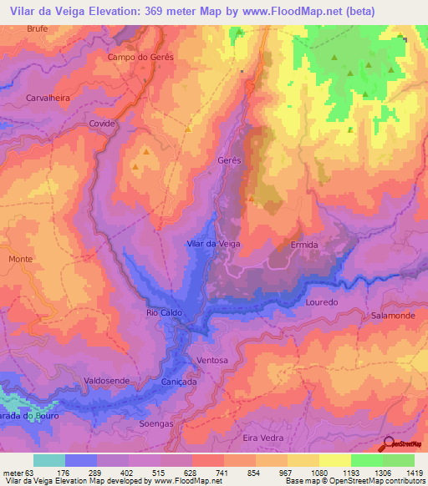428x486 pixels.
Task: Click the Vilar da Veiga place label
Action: pos(213,243)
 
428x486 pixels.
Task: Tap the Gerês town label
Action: pos(228,159)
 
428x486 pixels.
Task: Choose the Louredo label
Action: pos(322,301)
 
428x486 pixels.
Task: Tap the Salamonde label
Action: pos(390,316)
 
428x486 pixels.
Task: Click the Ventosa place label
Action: pos(211,360)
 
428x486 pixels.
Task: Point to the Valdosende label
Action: pos(107,380)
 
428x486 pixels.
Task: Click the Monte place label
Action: pos(20,260)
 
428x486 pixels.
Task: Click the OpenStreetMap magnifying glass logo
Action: pos(388,445)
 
